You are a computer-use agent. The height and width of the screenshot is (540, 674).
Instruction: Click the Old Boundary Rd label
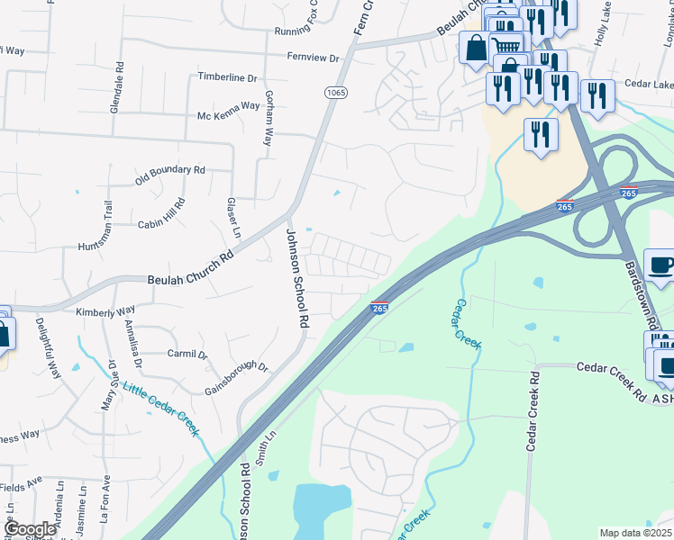(170, 169)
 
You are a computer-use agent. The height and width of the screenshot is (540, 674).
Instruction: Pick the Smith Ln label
(262, 446)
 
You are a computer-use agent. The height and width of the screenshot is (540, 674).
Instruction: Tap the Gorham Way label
(267, 117)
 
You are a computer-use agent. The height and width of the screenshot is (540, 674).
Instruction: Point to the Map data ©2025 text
(635, 533)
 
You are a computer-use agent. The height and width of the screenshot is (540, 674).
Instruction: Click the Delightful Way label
(48, 346)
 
